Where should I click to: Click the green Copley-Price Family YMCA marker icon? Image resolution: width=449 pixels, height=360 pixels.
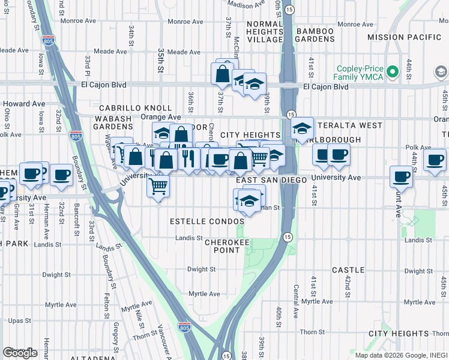point(393,73)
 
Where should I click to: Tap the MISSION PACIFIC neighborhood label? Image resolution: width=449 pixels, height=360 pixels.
point(404,37)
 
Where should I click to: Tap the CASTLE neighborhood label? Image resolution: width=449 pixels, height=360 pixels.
point(348,270)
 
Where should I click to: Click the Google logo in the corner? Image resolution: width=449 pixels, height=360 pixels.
point(20,352)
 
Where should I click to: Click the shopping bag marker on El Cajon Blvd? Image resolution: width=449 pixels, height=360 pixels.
point(222,74)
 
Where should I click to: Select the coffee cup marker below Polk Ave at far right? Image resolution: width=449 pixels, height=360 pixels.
point(435,160)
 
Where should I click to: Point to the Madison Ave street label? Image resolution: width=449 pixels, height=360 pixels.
point(246,5)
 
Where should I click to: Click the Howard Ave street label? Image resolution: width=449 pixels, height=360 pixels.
point(28,104)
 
